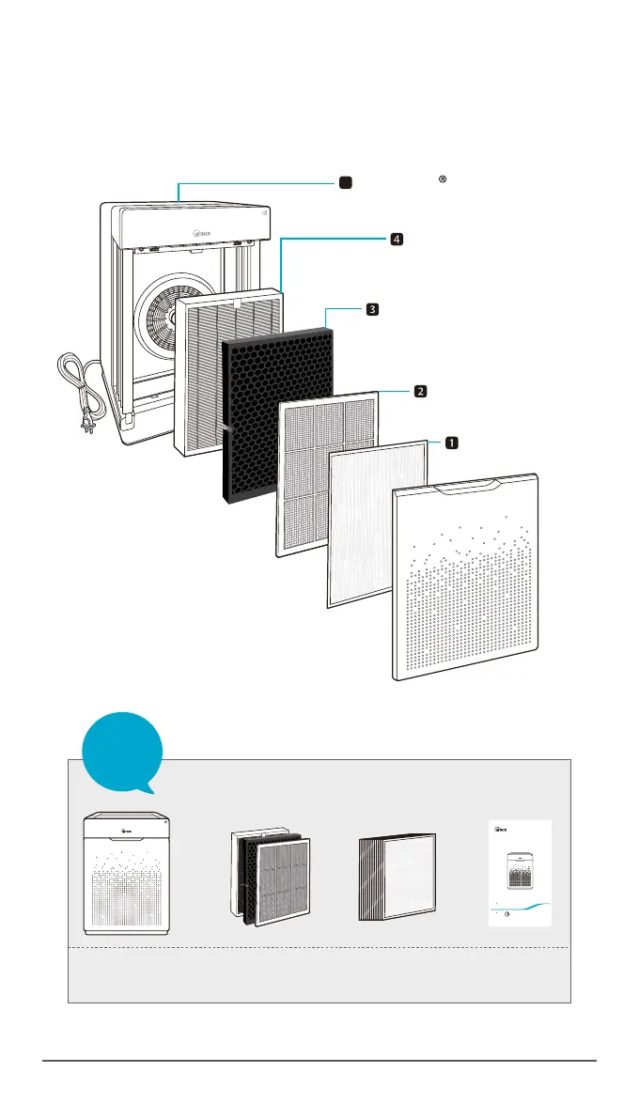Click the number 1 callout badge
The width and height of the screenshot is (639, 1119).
(452, 442)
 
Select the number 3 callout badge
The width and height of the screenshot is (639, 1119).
(372, 309)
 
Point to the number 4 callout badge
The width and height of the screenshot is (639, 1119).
(397, 240)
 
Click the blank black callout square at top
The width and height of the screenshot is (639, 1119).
(346, 182)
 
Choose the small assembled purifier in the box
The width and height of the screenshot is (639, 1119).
(130, 875)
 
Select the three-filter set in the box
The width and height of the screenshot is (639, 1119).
(271, 875)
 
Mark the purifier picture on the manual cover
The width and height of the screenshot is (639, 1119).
(519, 867)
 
